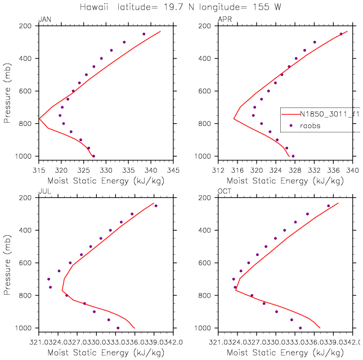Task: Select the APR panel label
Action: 224,20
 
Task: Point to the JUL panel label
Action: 43,192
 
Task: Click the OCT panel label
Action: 224,192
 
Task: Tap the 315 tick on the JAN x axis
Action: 39,168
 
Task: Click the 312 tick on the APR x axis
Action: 218,168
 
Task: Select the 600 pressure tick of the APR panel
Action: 205,91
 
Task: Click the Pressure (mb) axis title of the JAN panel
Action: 8,91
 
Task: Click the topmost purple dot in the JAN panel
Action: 144,34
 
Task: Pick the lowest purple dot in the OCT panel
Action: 300,328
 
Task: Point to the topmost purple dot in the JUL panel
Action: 156,206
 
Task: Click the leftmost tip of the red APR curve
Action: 234,119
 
